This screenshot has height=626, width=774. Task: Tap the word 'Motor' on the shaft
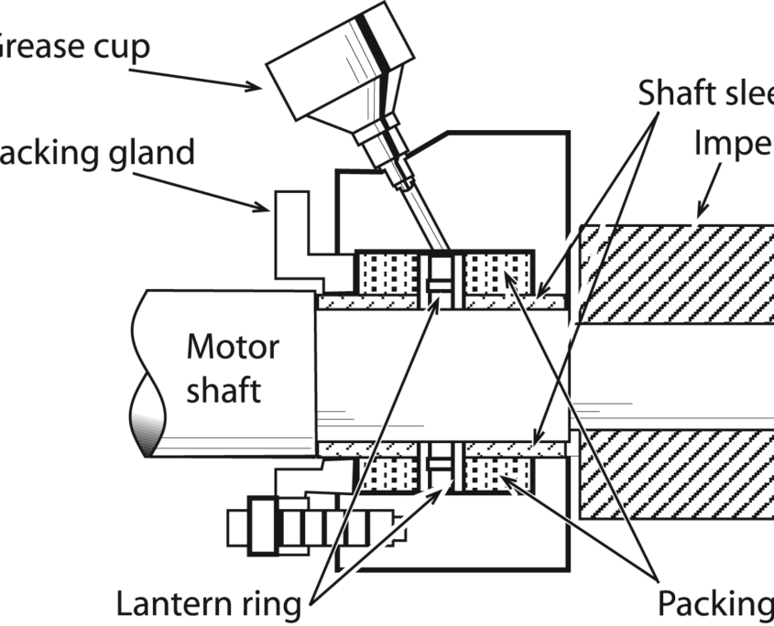[x=233, y=348]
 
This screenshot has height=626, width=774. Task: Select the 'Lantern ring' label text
[x=209, y=604]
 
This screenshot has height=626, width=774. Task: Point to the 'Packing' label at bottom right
[x=714, y=604]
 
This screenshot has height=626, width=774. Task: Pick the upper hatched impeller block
[x=678, y=273]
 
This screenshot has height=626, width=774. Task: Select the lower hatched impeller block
[x=678, y=474]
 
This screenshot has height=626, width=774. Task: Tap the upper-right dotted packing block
[x=497, y=273]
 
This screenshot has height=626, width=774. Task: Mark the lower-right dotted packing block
[x=497, y=473]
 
